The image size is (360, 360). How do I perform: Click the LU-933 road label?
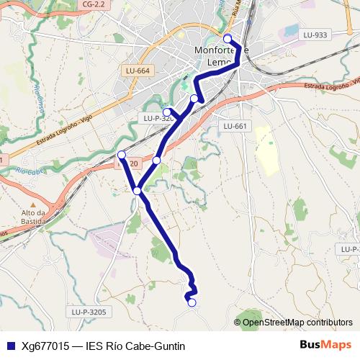click(x=315, y=35)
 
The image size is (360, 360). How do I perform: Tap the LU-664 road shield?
click(x=137, y=71)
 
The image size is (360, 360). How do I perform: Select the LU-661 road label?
click(x=235, y=126)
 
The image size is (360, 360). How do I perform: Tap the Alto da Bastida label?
click(x=34, y=217)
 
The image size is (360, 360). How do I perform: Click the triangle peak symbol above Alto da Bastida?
click(x=34, y=202)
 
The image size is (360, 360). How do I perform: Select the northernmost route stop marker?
click(x=228, y=39)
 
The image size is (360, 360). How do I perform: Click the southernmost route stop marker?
click(x=192, y=302)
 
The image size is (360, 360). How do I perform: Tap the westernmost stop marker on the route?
click(x=122, y=155)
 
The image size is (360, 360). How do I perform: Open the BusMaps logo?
click(x=325, y=346)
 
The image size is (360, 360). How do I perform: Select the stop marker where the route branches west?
click(x=137, y=190)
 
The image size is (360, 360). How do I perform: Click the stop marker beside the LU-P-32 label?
click(x=167, y=112)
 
